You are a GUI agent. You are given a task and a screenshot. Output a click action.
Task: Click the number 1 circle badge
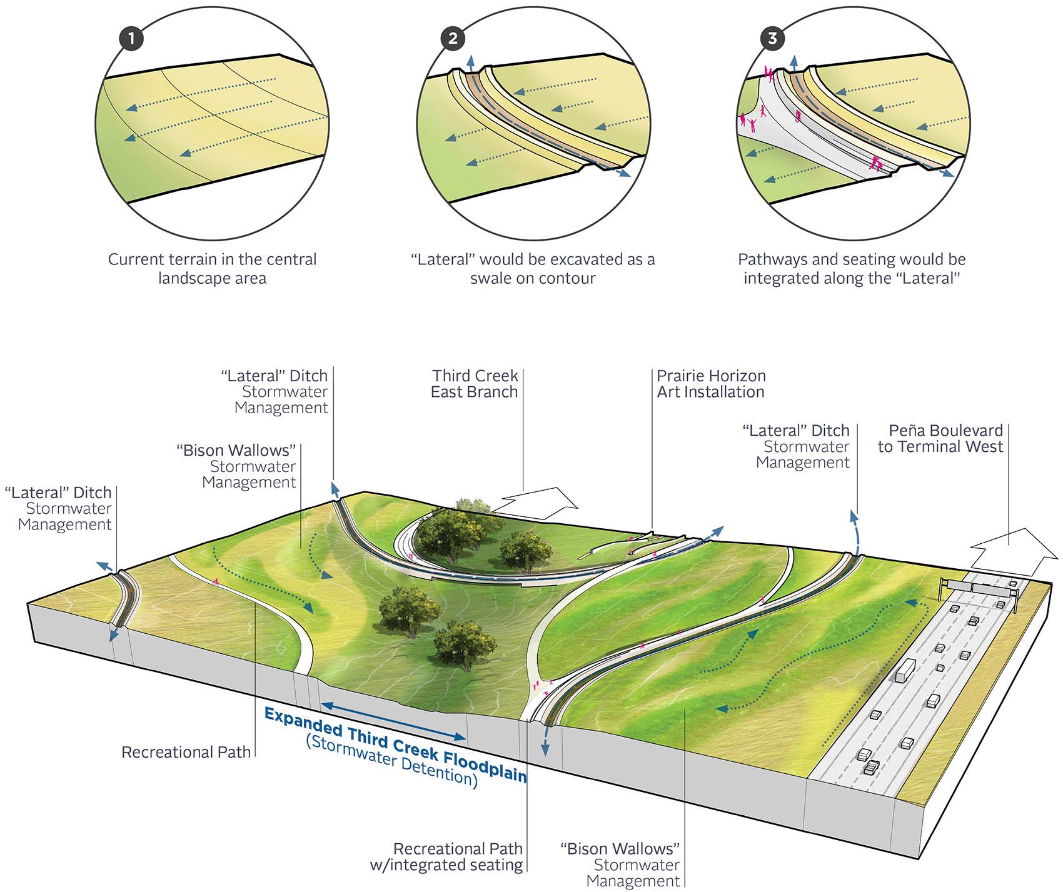pyautogui.click(x=131, y=39)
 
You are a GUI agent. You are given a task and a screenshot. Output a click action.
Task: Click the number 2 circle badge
pyautogui.click(x=453, y=39)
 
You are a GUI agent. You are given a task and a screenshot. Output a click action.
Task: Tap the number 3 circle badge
pyautogui.click(x=773, y=39)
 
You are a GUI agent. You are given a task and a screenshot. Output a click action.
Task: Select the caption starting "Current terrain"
pyautogui.click(x=213, y=269)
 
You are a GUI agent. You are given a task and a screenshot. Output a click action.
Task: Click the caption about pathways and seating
pyautogui.click(x=852, y=269)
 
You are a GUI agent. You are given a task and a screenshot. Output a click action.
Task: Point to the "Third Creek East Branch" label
pyautogui.click(x=475, y=384)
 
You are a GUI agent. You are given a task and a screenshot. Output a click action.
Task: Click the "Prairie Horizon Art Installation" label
pyautogui.click(x=711, y=384)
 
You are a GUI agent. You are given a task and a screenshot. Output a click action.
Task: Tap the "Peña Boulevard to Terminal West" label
pyautogui.click(x=940, y=438)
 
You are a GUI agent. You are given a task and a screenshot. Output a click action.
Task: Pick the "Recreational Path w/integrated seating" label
pyautogui.click(x=458, y=857)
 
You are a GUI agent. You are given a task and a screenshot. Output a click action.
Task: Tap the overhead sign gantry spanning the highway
pyautogui.click(x=979, y=591)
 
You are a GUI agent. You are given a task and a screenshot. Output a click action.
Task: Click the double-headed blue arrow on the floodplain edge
pyautogui.click(x=394, y=721)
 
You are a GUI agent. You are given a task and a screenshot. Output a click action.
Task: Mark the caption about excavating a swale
pyautogui.click(x=533, y=269)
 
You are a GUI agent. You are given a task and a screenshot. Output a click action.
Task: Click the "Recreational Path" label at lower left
pyautogui.click(x=186, y=752)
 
